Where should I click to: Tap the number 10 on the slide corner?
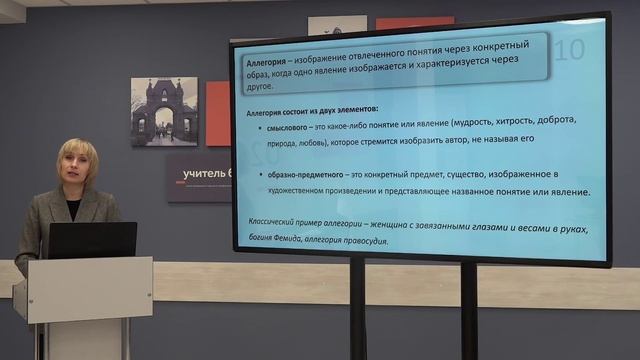[570, 49]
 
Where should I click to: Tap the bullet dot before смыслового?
[250, 122]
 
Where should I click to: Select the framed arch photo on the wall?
[164, 111]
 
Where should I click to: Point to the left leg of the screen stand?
[357, 310]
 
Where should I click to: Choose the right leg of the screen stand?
[468, 310]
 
